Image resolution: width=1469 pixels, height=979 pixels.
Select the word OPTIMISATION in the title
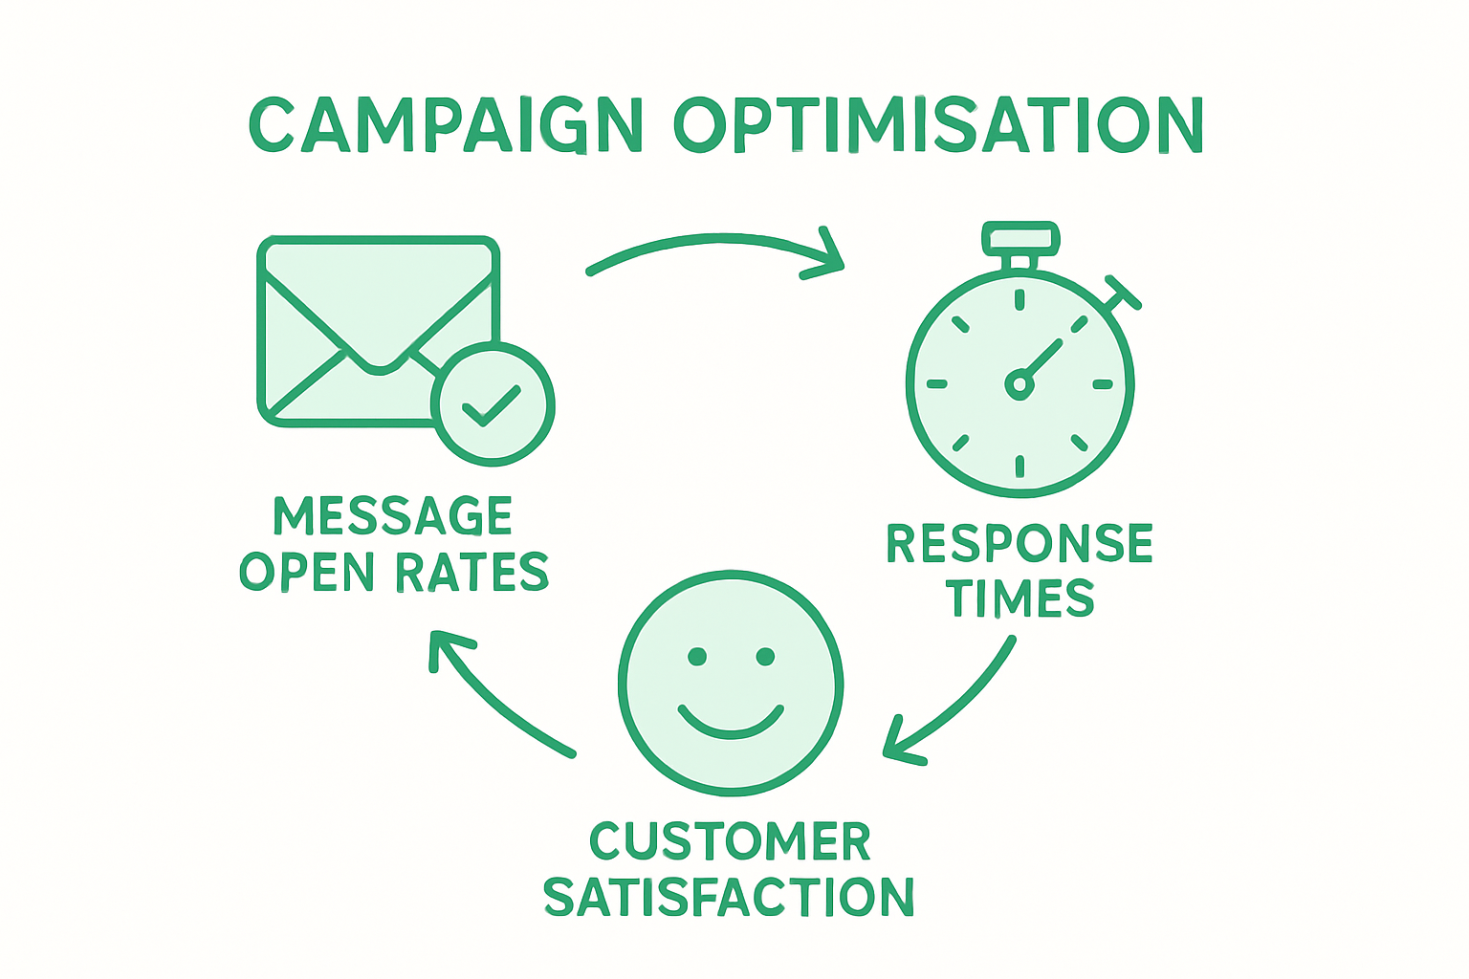click(938, 125)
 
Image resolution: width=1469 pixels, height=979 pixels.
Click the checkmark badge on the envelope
click(493, 404)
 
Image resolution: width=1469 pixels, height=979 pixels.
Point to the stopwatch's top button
click(1020, 238)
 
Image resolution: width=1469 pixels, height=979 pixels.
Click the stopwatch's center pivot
click(1020, 384)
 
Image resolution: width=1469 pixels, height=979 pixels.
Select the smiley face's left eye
click(697, 657)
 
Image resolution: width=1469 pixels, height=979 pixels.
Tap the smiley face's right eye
click(765, 657)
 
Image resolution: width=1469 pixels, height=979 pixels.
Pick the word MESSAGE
click(393, 516)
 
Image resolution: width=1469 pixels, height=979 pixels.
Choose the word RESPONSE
click(1020, 544)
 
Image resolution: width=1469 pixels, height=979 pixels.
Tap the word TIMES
click(1020, 599)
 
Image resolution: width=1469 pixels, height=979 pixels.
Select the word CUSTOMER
click(730, 841)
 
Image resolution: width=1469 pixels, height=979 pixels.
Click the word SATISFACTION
click(729, 898)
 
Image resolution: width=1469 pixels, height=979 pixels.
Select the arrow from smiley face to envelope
click(497, 698)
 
